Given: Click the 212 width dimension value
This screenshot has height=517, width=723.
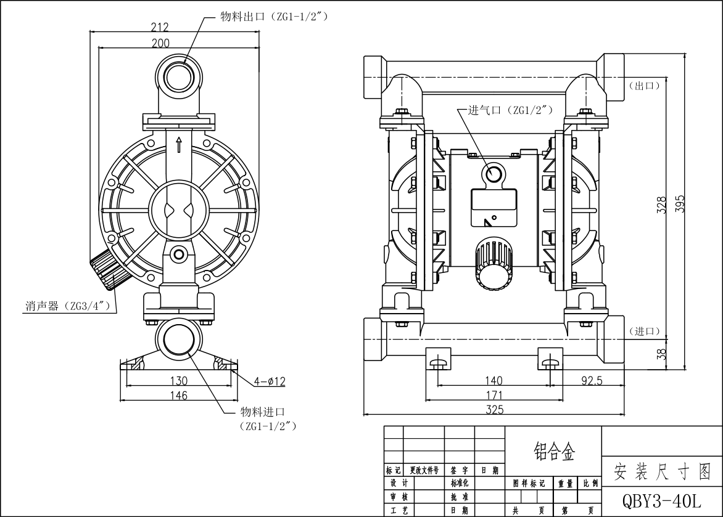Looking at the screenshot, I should click(x=160, y=27).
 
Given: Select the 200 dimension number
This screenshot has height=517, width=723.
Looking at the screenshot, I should click(x=160, y=43).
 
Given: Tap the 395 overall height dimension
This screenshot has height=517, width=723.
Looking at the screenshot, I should click(x=680, y=205).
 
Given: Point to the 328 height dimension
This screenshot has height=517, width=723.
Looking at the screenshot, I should click(x=661, y=205).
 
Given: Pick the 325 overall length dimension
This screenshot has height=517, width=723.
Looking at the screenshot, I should click(x=494, y=409).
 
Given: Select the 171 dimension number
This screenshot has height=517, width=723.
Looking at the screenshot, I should click(x=494, y=395).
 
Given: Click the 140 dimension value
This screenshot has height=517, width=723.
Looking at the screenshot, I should click(x=494, y=381).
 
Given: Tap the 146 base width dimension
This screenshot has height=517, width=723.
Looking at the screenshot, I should click(x=178, y=396).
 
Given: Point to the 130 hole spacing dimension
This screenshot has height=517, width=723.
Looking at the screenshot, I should click(x=178, y=381).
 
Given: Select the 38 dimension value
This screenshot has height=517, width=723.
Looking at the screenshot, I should click(x=661, y=353).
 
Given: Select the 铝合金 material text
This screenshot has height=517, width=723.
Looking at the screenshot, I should click(x=553, y=454).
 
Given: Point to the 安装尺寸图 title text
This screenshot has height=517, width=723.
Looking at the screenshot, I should click(x=662, y=472).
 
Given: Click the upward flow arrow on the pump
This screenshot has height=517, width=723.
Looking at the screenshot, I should click(x=179, y=144).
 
